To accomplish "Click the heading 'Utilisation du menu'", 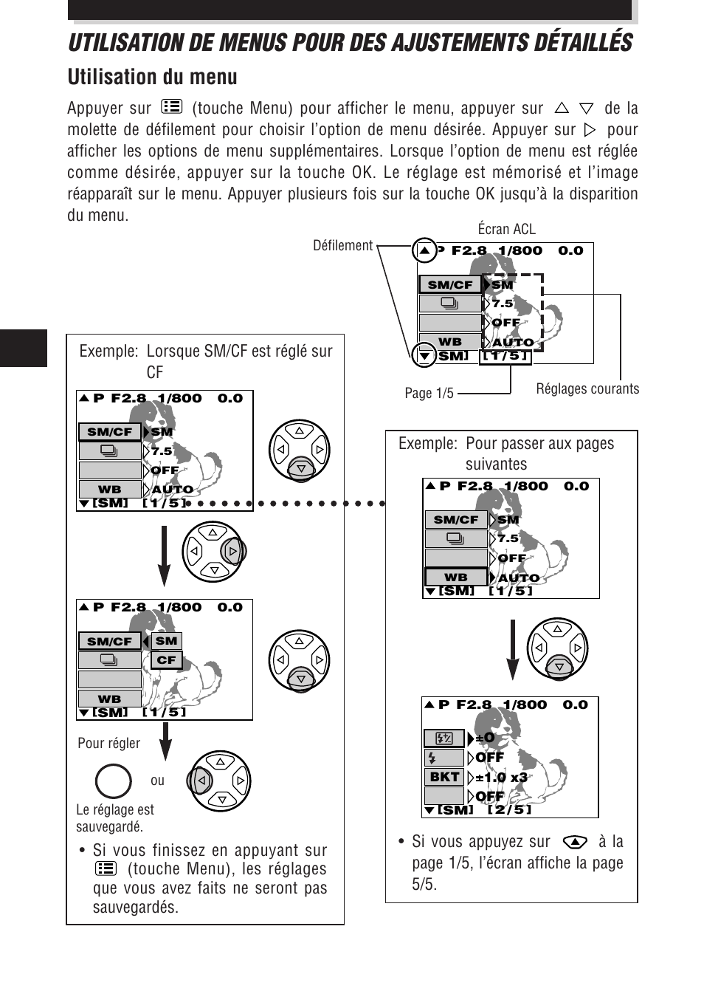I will pos(152,77).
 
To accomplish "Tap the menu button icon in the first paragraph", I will pos(171,107).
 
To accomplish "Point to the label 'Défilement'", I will pos(342,245).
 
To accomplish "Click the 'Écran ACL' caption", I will pos(506,229).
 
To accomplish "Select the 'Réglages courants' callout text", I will pos(587,388).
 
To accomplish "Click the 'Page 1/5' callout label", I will pos(429,393).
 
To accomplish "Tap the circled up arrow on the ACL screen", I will pos(424,250).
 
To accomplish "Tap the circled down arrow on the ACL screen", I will pos(424,355).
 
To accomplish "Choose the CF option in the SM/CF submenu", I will pos(166,660).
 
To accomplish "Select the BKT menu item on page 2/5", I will pos(444,777).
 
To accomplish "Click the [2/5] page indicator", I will pos(509,809).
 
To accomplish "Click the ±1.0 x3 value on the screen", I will pos(502,777).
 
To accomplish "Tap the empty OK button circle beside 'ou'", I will pos(114,781).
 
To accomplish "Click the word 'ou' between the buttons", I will pos(157,781).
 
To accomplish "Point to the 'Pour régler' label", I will pos(108,743).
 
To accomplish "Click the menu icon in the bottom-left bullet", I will pos(106,869).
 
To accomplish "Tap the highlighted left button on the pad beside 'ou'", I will pos(199,781).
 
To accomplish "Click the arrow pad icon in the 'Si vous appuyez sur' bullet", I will pos(574,842).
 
